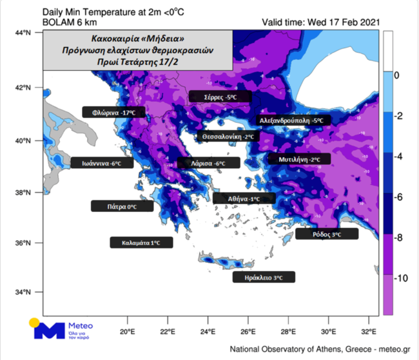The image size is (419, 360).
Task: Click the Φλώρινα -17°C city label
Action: pyautogui.click(x=114, y=112)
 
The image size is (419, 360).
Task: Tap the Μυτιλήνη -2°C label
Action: pyautogui.click(x=299, y=158)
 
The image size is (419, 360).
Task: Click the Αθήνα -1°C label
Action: pyautogui.click(x=244, y=199)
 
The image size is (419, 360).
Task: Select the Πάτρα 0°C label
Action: pyautogui.click(x=122, y=207)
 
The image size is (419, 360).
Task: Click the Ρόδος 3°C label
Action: pyautogui.click(x=327, y=234)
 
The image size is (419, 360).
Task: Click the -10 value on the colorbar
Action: pyautogui.click(x=400, y=278)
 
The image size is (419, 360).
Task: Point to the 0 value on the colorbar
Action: pyautogui.click(x=397, y=75)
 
